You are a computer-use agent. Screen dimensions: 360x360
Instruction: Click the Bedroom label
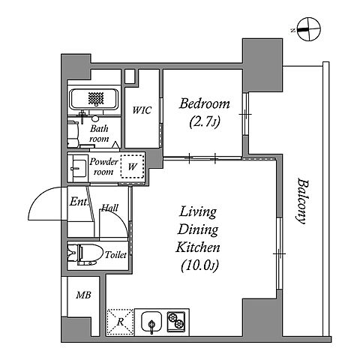(204, 103)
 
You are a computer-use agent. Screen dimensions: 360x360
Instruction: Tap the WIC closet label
(142, 110)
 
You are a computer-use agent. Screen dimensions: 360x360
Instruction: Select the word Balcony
(301, 201)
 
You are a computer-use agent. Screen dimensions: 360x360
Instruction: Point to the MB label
(84, 295)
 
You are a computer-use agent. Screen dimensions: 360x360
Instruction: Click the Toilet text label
(115, 255)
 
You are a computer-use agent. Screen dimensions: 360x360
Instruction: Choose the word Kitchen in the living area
(198, 247)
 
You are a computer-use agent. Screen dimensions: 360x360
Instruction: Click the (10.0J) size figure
(199, 265)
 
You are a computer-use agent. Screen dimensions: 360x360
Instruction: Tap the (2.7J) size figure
(205, 122)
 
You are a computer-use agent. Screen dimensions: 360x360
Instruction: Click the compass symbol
(308, 29)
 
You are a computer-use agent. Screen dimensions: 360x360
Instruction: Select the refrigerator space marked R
(121, 322)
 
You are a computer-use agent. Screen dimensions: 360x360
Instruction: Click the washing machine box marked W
(132, 166)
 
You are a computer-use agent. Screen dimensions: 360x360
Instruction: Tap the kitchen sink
(151, 322)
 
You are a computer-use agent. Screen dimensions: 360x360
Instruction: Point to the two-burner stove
(176, 321)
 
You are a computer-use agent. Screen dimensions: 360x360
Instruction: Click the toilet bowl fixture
(85, 255)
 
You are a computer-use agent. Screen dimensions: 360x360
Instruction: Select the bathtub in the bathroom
(94, 99)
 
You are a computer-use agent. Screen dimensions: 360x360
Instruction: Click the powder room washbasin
(77, 168)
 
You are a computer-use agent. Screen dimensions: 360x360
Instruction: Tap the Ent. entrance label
(79, 202)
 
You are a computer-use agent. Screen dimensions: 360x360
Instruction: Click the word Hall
(109, 208)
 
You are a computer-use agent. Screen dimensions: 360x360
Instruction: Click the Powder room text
(103, 166)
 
